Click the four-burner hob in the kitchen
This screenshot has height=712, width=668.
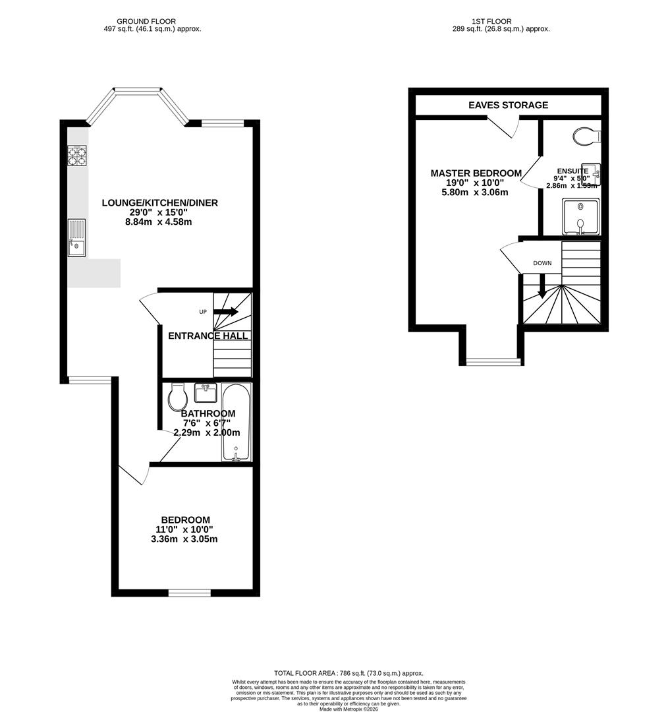tap(77, 155)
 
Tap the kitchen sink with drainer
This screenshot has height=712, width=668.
tap(76, 237)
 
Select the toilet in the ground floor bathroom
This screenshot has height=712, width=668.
tap(177, 397)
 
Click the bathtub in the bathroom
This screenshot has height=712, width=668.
tap(236, 422)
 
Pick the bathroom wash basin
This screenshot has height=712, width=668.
tap(205, 392)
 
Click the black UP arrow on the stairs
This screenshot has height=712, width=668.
tap(225, 311)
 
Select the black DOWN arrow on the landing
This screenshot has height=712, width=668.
tap(542, 286)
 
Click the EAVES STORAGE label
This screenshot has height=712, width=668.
tap(508, 105)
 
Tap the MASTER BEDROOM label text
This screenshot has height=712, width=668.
tap(476, 173)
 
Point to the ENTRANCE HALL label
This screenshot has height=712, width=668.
tap(208, 336)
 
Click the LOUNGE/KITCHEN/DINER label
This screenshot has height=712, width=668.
tap(159, 202)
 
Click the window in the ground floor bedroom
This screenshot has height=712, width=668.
tap(189, 592)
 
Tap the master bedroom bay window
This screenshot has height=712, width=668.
tap(492, 361)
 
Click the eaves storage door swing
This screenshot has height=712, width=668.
tap(506, 127)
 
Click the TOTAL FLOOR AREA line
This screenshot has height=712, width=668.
tap(348, 673)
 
